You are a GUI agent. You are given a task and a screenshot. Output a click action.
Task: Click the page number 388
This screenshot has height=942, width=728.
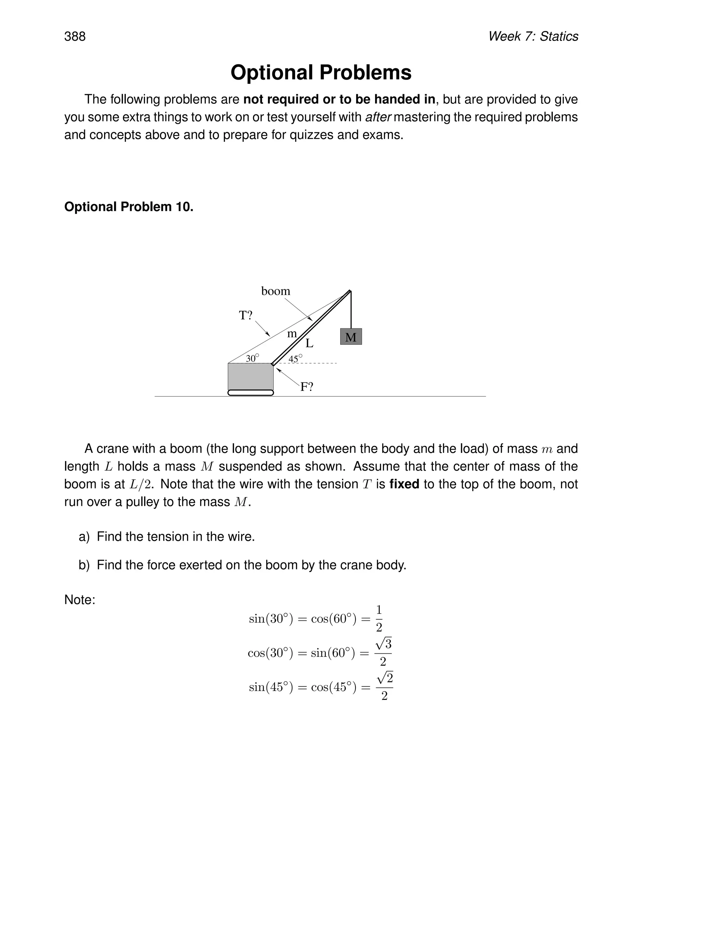point(75,37)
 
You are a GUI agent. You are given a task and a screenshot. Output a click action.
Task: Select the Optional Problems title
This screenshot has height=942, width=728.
point(321,73)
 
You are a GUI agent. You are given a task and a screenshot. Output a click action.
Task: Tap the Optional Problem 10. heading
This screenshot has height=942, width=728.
point(129,207)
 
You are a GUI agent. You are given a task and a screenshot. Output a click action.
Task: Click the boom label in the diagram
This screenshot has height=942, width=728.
point(275,291)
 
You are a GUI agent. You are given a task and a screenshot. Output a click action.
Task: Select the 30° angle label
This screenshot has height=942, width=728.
point(252,358)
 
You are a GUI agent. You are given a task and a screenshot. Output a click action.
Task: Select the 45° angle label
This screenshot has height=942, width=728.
point(295,358)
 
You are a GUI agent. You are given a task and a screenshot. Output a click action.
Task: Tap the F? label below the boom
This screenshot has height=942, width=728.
point(307,387)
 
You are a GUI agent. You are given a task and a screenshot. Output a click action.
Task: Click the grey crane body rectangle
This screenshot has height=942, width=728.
point(250,376)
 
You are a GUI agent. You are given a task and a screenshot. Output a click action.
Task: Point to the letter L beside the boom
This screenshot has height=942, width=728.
point(309,344)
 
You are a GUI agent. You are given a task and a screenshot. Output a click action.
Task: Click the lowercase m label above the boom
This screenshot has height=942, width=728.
point(292,334)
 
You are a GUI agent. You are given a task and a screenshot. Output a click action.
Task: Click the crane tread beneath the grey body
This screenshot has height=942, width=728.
point(251,392)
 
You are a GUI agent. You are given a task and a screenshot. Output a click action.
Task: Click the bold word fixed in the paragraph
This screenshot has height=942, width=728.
point(404,485)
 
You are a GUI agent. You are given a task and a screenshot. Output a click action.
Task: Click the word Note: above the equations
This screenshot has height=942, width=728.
point(80,600)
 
